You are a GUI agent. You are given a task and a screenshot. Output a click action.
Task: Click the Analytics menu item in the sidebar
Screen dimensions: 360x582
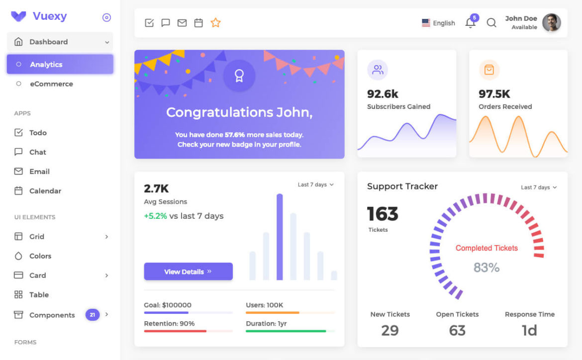pos(60,64)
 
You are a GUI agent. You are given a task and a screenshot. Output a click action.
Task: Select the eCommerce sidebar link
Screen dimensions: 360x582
pos(51,84)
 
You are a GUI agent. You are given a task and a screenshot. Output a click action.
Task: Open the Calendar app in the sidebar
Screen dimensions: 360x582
pos(45,191)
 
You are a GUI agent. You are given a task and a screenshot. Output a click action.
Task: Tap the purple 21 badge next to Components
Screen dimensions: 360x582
pos(92,315)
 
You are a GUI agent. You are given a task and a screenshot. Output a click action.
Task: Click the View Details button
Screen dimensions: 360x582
pos(188,271)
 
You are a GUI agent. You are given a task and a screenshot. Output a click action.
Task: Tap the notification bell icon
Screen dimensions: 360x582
pos(470,23)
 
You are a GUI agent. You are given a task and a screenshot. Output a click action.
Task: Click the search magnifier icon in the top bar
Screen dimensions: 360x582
pos(491,23)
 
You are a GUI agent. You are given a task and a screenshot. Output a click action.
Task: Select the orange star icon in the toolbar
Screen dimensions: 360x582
pos(215,23)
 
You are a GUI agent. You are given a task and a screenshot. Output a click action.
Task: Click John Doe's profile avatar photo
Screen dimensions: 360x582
pos(551,22)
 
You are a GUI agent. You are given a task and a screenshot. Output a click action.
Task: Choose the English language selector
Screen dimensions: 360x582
pos(438,23)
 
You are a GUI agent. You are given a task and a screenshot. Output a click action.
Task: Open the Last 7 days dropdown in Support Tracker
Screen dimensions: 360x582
pos(539,187)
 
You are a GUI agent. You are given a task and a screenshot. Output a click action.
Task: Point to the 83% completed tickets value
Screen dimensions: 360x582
pos(486,268)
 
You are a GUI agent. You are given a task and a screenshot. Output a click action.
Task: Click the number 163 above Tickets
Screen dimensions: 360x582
pos(383,214)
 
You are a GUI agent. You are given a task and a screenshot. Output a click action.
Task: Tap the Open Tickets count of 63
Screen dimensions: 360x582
pos(457,330)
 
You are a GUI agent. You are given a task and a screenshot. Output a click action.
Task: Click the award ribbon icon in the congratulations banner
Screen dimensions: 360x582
pos(239,76)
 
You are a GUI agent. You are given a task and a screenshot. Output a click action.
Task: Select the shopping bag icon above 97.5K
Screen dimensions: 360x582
pos(489,70)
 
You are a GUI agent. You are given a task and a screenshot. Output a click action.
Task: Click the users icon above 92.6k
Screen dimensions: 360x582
pos(378,70)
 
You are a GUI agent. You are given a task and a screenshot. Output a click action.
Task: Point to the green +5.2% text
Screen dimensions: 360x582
pos(155,216)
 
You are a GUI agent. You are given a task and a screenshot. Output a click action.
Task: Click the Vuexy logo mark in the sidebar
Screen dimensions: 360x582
pos(19,16)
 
